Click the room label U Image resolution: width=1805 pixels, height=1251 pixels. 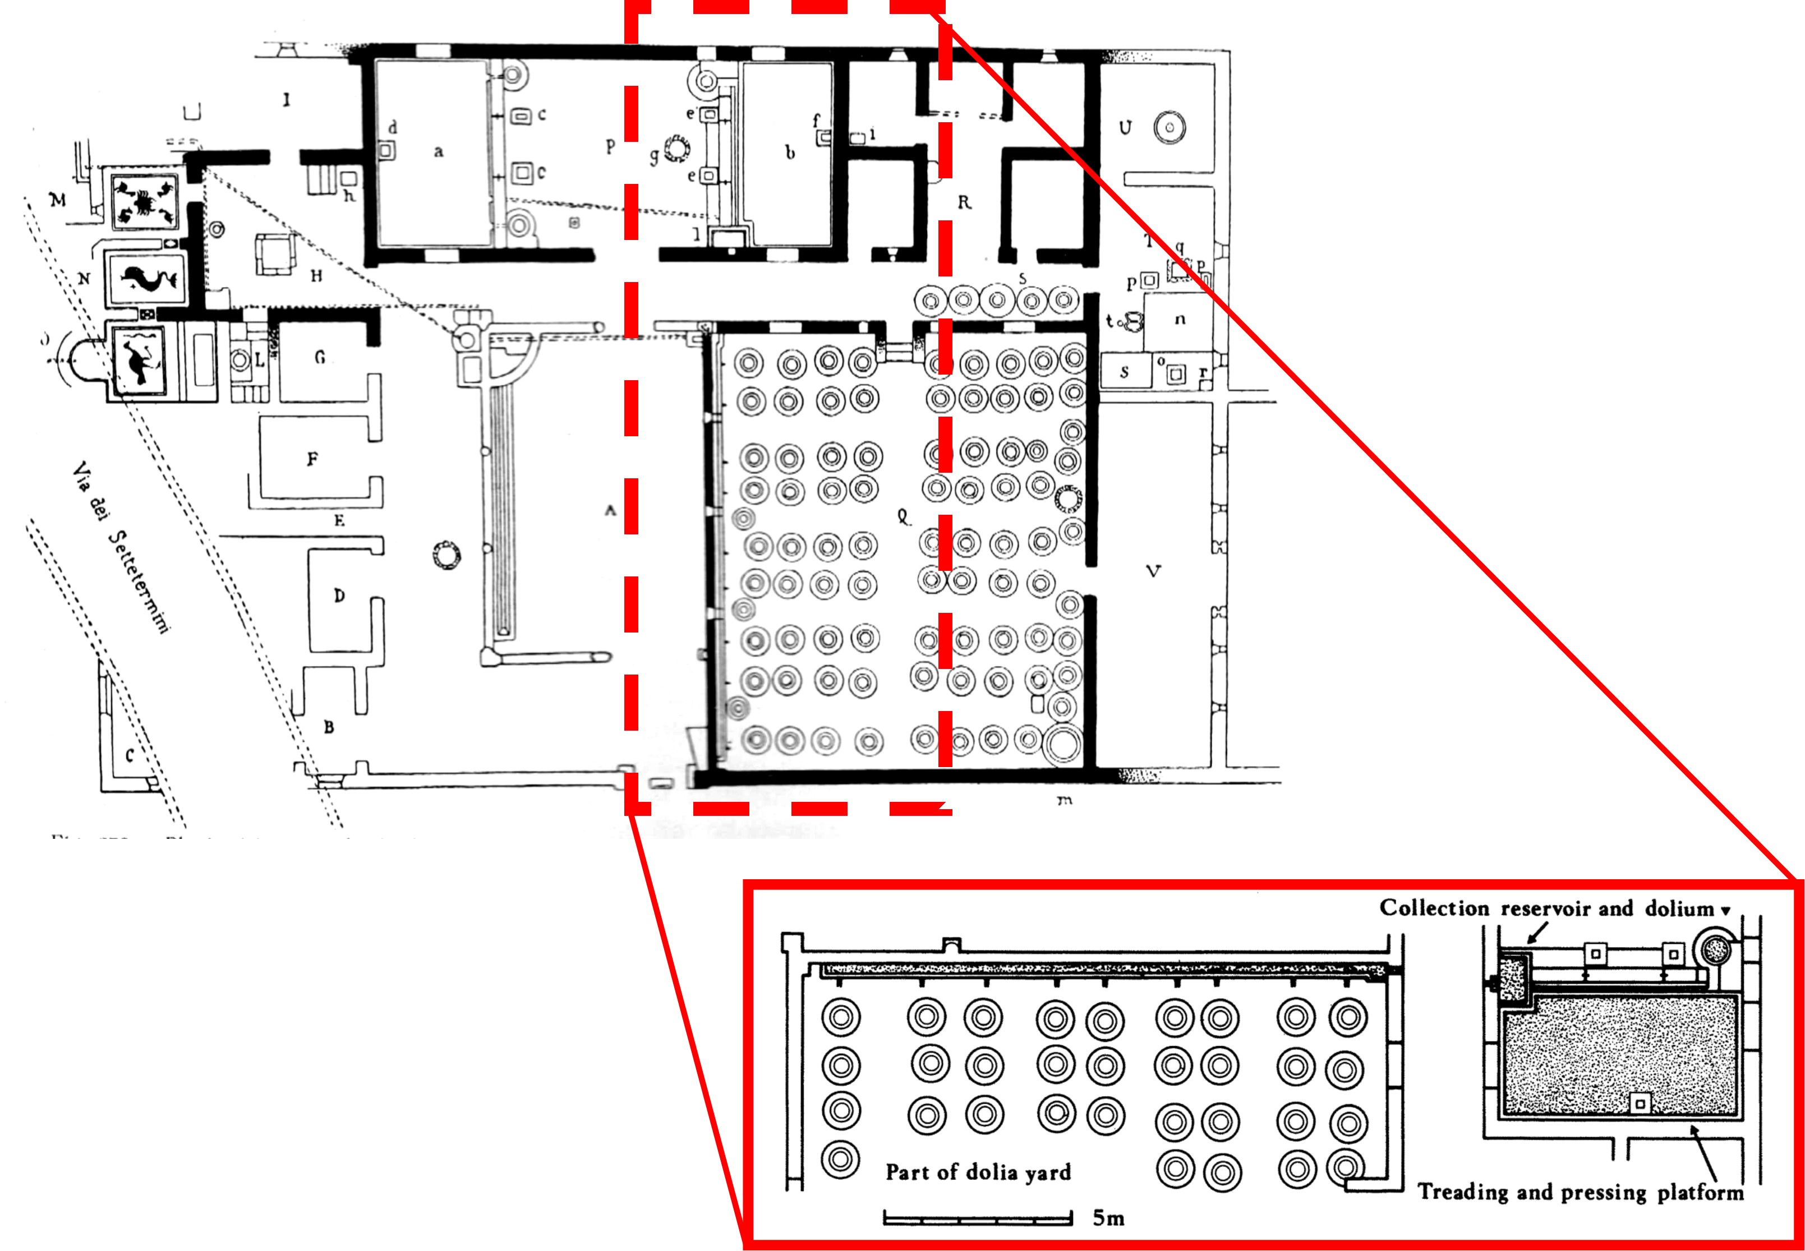tap(1125, 127)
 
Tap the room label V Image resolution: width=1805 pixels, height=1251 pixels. tap(1153, 571)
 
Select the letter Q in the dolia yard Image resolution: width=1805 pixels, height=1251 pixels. tap(903, 516)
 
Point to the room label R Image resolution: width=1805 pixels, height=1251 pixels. tap(964, 202)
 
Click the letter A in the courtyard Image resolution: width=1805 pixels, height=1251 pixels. tap(610, 510)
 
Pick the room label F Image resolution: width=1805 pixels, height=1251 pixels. tap(312, 459)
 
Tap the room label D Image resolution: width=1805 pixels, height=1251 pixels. tap(339, 596)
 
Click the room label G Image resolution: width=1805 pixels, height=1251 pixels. tap(319, 357)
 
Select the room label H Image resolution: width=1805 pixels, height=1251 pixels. tap(316, 276)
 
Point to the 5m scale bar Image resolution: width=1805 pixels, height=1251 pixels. tap(977, 1217)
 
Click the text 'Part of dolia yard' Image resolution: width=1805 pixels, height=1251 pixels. tap(978, 1172)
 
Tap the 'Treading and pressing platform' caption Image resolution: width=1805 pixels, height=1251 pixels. tap(1581, 1192)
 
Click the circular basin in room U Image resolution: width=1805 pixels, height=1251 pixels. tap(1169, 127)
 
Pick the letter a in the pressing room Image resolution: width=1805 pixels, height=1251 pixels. tap(438, 151)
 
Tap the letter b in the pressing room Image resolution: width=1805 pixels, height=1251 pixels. tap(790, 153)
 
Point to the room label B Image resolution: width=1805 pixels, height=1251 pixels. tap(329, 727)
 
